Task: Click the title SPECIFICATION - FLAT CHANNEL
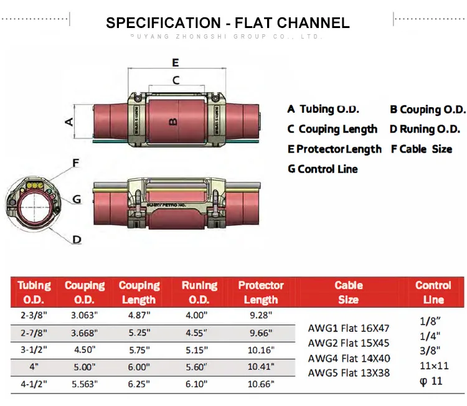[228, 23]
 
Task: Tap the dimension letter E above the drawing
[176, 62]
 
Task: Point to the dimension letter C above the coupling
[176, 80]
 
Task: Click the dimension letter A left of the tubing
[70, 121]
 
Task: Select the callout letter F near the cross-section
[76, 163]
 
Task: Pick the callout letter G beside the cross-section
[77, 199]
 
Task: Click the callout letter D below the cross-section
[77, 239]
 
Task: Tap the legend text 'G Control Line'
[323, 169]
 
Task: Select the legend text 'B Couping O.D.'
[428, 110]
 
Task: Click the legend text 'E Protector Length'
[334, 149]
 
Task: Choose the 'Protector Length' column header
[261, 292]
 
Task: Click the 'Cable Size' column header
[348, 292]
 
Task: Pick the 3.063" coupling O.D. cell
[85, 315]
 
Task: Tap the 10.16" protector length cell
[260, 349]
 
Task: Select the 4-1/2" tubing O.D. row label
[34, 384]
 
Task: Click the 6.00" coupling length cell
[139, 367]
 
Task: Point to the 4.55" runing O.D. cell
[199, 333]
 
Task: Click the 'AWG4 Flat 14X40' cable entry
[349, 358]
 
